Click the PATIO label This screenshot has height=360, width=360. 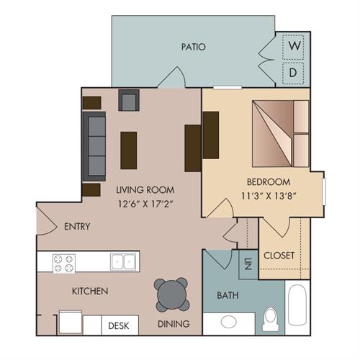[194, 47]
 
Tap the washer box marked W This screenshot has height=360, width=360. [293, 47]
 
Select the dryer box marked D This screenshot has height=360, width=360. [293, 73]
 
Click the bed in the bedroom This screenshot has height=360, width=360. [280, 133]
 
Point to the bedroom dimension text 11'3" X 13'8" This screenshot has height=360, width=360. [268, 196]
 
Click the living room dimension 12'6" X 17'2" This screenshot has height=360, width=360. [145, 204]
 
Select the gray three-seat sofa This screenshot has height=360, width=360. [94, 146]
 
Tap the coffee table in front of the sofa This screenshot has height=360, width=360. [129, 150]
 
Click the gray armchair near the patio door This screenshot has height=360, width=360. [129, 100]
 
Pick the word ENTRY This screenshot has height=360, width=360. [77, 226]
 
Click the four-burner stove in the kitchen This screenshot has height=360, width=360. [64, 263]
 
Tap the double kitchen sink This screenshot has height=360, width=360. [123, 262]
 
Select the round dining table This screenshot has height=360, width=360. [172, 294]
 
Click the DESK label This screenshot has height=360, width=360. [119, 325]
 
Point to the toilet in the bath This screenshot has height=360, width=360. [271, 320]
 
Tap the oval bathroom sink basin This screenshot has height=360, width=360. [228, 322]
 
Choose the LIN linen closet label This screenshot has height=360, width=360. [248, 264]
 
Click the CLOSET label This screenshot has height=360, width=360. [279, 256]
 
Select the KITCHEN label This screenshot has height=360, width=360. [90, 291]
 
